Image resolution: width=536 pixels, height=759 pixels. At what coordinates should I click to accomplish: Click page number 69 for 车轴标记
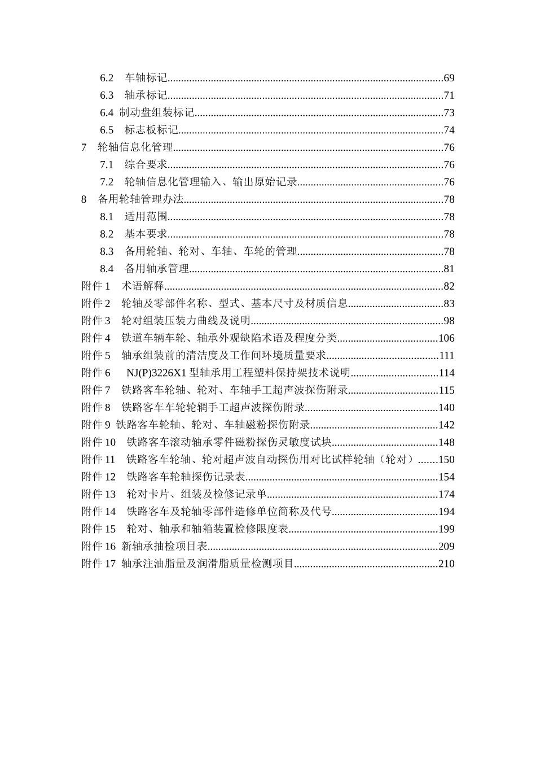(449, 78)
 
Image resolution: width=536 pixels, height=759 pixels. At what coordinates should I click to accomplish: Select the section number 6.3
(107, 95)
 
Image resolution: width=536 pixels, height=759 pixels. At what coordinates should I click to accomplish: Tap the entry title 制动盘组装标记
(157, 113)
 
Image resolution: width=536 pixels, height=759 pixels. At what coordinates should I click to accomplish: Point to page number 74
(449, 130)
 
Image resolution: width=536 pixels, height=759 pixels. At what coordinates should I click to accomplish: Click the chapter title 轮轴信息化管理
(135, 147)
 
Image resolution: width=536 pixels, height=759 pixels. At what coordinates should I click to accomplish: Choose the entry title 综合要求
(146, 165)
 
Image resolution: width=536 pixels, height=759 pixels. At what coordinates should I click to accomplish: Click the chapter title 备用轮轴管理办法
(140, 199)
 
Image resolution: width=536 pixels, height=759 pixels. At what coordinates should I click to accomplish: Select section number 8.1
(107, 217)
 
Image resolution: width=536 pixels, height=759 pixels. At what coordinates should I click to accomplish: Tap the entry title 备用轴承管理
(156, 269)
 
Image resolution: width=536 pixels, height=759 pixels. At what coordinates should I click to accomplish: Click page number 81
(449, 269)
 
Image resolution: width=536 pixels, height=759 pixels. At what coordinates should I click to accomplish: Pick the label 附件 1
(96, 286)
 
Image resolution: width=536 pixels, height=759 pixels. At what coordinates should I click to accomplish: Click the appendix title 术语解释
(142, 286)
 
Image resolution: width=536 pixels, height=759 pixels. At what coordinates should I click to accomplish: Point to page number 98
(449, 321)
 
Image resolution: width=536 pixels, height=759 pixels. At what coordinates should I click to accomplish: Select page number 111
(446, 356)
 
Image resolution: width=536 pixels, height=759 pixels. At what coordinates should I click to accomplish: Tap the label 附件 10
(99, 442)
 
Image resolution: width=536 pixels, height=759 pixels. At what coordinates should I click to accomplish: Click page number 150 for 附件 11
(446, 460)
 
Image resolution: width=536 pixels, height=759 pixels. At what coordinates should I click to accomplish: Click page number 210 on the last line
(446, 564)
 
